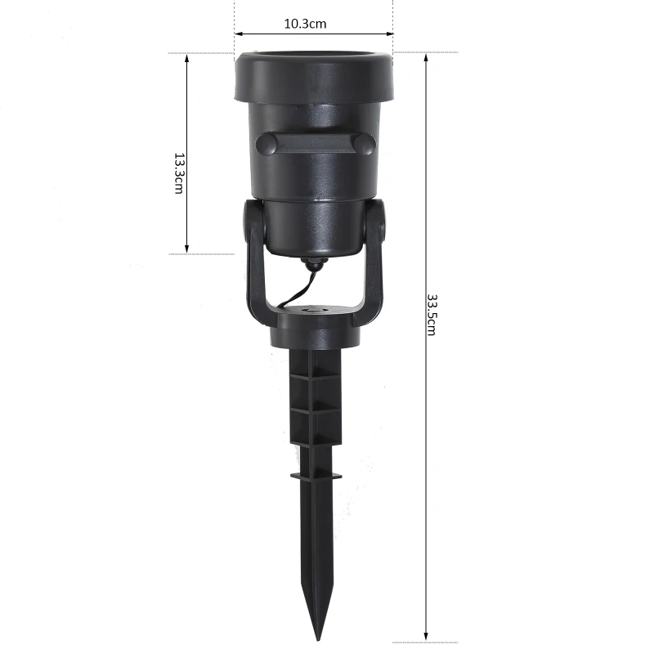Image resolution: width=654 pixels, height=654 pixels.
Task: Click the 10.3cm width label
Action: [x=305, y=24]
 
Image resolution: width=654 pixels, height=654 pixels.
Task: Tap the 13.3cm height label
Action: [x=179, y=173]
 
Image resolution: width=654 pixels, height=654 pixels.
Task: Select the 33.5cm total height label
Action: [x=432, y=315]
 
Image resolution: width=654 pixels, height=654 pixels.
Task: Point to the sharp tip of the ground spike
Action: [x=318, y=639]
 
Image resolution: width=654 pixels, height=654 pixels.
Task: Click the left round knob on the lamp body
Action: [x=267, y=144]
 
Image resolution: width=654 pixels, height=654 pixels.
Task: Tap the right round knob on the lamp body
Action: [x=365, y=144]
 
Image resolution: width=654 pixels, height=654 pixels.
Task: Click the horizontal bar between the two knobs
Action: [x=316, y=144]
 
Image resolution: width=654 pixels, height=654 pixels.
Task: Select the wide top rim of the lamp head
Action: [x=314, y=78]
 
